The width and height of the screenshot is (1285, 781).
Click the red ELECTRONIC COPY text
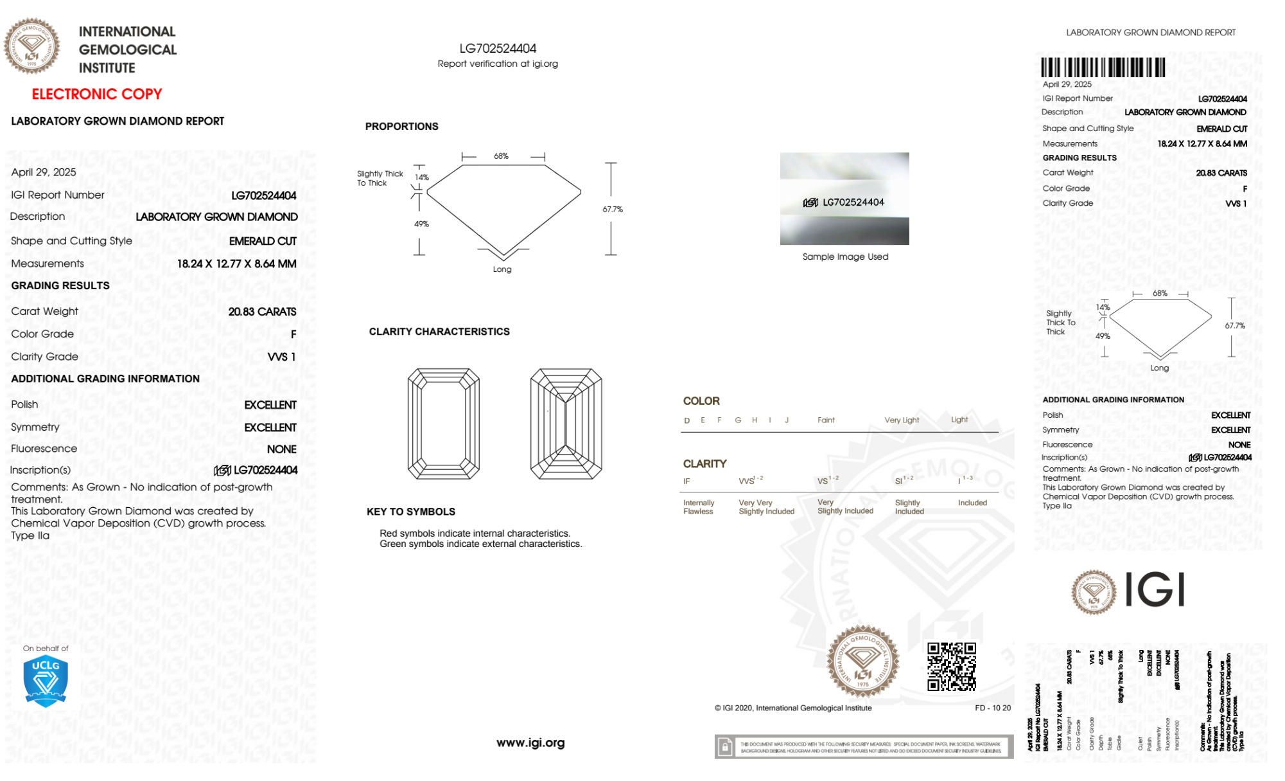97,94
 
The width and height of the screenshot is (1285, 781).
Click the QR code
951,667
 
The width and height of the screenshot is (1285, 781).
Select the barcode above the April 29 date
1103,67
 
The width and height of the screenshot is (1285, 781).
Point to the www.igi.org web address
530,742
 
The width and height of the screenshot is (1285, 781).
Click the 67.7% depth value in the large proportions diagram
613,210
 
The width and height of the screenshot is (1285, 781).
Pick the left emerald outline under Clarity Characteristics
444,424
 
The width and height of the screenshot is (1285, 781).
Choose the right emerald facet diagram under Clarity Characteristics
566,424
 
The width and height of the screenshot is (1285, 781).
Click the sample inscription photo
844,199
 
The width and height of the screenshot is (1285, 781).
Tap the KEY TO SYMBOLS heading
411,512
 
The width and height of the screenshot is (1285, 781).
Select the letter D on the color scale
687,420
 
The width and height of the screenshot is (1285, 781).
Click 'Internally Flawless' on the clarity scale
699,507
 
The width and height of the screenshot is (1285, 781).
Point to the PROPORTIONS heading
402,127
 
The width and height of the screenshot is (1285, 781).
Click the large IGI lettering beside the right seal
1155,590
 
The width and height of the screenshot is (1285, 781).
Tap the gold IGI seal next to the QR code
863,661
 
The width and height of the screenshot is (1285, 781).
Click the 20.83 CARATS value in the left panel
262,312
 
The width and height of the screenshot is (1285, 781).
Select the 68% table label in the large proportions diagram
501,156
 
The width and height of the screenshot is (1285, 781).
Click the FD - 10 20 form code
992,708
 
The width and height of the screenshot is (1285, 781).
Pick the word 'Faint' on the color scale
826,420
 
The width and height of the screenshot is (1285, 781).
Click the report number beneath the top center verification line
498,48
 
